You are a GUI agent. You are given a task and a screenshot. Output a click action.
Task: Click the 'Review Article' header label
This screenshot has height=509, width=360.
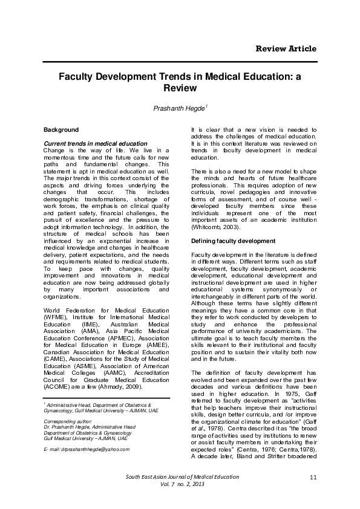pos(286,48)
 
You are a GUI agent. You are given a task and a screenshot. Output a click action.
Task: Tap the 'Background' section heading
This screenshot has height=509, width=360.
pos(61,129)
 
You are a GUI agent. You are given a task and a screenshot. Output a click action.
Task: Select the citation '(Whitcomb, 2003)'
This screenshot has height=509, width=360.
pos(212,227)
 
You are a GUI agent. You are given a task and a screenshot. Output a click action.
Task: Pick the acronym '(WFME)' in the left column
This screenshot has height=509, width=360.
pos(59,317)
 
